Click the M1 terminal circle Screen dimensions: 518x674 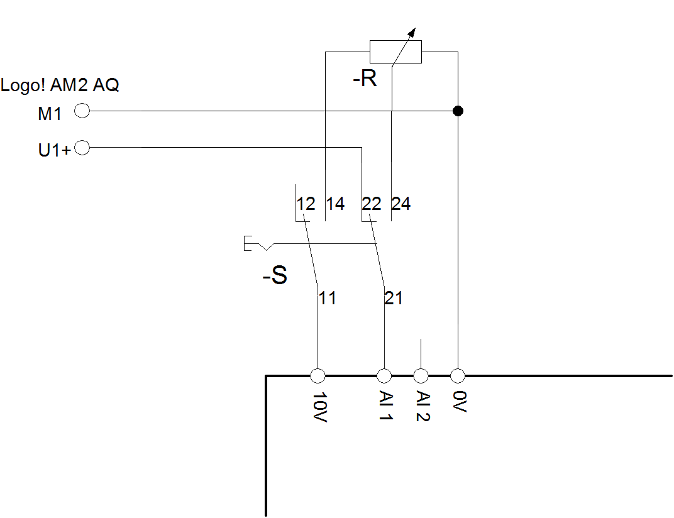82,111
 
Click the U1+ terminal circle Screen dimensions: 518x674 82,148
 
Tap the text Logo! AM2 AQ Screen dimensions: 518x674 60,85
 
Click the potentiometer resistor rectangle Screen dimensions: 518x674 395,52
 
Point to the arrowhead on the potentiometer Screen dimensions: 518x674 412,32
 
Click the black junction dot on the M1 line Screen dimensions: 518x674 458,111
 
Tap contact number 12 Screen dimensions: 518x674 306,204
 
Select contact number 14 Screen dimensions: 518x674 335,204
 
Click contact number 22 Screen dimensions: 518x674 372,204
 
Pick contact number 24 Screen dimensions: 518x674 401,204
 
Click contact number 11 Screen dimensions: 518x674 327,298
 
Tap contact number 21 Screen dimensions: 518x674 394,298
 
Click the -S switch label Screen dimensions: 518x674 275,275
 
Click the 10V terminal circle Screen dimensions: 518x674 318,376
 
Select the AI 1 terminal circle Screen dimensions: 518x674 384,376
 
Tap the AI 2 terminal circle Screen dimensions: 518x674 421,376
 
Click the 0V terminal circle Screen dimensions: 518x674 458,376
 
